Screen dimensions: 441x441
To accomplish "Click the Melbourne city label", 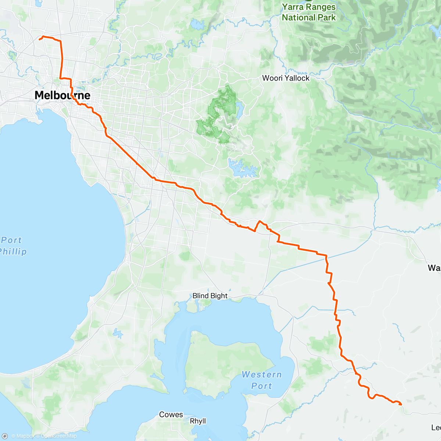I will pos(62,95).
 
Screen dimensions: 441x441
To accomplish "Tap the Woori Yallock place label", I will pos(286,78).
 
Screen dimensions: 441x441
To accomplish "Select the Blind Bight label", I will pos(210,296).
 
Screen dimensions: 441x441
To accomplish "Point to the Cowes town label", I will pos(171,415).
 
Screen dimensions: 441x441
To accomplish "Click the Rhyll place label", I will pos(198,421).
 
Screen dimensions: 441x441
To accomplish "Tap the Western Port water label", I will pos(261,380).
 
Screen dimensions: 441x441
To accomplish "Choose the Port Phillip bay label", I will pos(13,246).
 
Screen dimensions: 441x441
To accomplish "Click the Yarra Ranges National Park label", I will pos(309,12).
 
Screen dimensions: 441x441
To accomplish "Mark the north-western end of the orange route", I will pos(39,39).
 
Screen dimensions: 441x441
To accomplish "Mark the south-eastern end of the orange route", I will pos(401,404).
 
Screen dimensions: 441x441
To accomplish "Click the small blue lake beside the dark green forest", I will pos(240,109).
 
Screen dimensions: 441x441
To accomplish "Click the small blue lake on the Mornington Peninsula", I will pos(118,333).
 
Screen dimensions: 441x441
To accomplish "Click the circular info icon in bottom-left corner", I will pos(5,436).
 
